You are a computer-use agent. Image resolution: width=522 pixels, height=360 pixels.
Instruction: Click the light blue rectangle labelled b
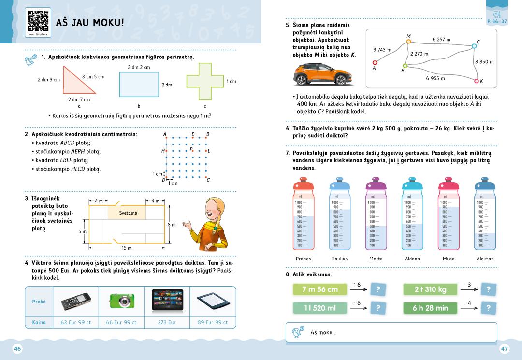(x=139, y=85)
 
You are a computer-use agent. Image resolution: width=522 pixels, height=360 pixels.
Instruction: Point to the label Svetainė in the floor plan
(x=128, y=213)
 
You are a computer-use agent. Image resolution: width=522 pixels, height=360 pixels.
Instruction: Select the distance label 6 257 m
(x=441, y=40)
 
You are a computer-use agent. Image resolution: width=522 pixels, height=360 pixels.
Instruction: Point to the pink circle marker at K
(x=476, y=81)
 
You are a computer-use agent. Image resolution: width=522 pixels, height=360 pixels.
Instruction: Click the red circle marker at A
(x=375, y=62)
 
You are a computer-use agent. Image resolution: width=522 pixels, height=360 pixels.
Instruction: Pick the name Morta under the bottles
(x=376, y=259)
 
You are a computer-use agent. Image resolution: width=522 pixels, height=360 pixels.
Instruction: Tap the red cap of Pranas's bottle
(x=304, y=186)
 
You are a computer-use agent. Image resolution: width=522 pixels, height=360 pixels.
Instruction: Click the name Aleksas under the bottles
(x=484, y=259)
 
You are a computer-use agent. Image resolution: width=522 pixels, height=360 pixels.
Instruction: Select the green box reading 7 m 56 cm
(x=320, y=289)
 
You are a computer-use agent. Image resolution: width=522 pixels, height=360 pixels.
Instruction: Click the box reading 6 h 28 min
(x=430, y=308)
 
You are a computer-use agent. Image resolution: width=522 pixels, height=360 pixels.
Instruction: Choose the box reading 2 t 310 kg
(x=430, y=289)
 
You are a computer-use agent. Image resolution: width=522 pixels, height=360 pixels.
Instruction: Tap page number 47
(x=504, y=349)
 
